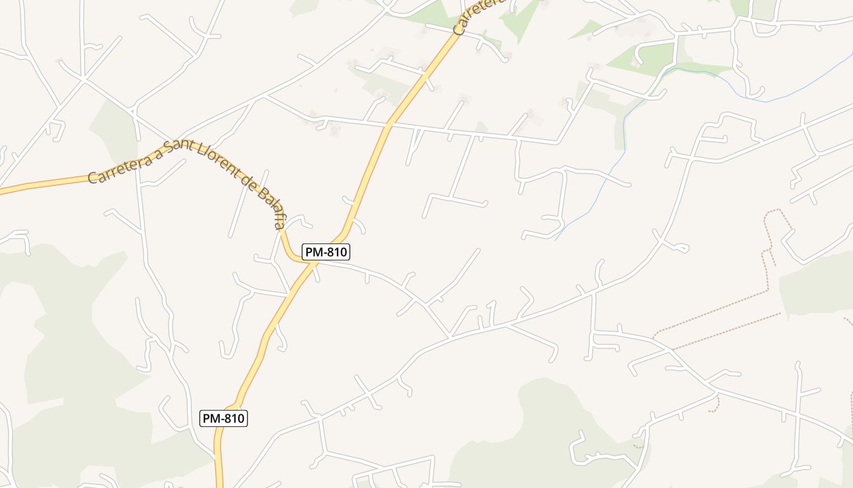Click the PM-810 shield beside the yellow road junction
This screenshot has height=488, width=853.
(x=326, y=252)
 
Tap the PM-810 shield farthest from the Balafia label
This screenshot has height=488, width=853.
(x=224, y=418)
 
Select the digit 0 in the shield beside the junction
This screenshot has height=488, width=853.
(x=344, y=252)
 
